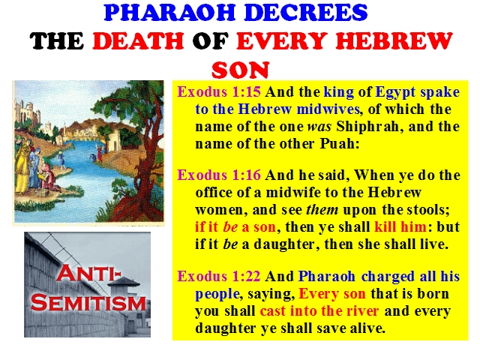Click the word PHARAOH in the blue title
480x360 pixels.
pyautogui.click(x=170, y=13)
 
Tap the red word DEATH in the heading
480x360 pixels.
pyautogui.click(x=138, y=41)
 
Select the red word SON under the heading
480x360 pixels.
pyautogui.click(x=240, y=70)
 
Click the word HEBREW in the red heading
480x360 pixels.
pyautogui.click(x=394, y=41)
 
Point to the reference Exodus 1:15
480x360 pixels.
pyautogui.click(x=219, y=91)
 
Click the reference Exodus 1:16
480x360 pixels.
pyautogui.click(x=219, y=175)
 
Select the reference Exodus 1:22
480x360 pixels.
pyautogui.click(x=219, y=276)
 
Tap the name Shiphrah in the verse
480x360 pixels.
pyautogui.click(x=367, y=127)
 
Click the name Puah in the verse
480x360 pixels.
pyautogui.click(x=340, y=143)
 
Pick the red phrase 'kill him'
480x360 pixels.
pyautogui.click(x=400, y=226)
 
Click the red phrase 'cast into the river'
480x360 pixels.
pyautogui.click(x=319, y=310)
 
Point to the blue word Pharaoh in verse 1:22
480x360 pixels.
pyautogui.click(x=327, y=276)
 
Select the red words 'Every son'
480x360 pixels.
pyautogui.click(x=332, y=294)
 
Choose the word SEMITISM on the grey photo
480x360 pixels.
pyautogui.click(x=88, y=302)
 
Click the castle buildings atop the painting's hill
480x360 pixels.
pyautogui.click(x=28, y=113)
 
